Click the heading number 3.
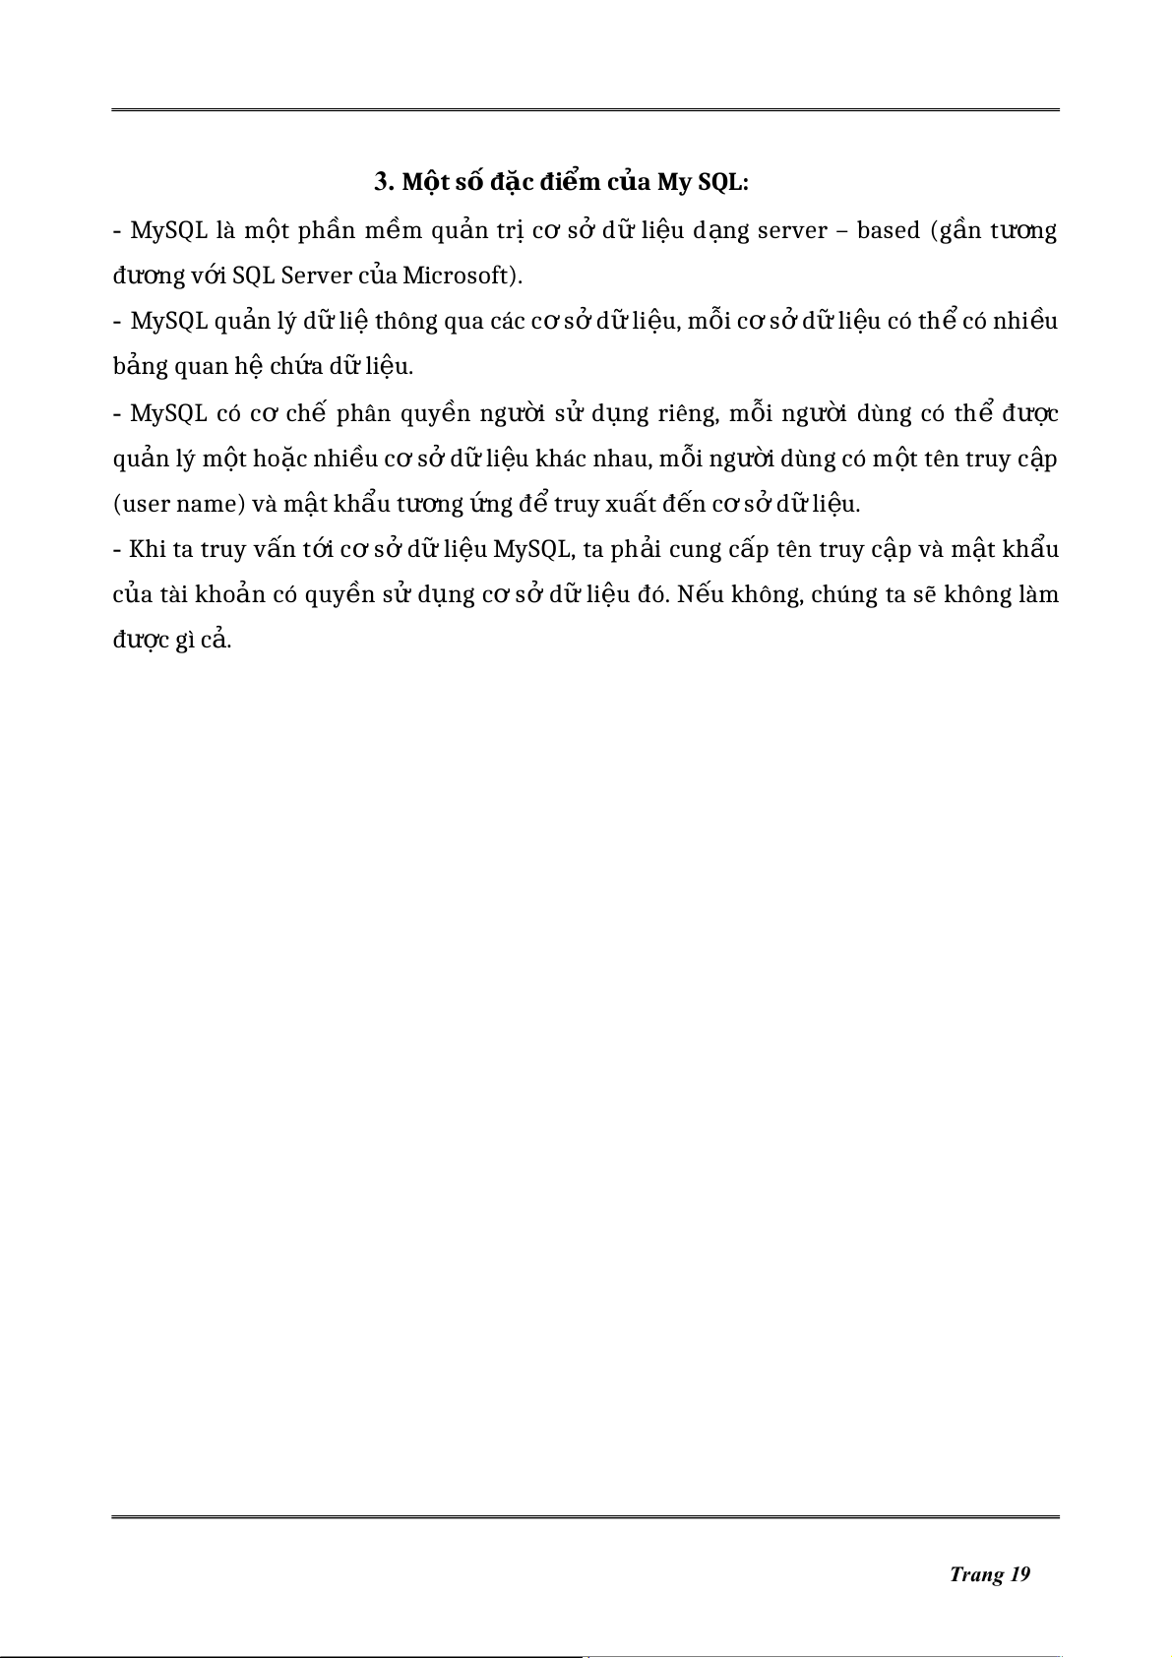tap(383, 183)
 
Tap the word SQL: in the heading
tap(723, 183)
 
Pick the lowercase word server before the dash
tap(791, 231)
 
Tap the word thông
tap(406, 322)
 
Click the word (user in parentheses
tap(141, 505)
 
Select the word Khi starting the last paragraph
tap(147, 549)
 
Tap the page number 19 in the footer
tap(1019, 1574)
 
